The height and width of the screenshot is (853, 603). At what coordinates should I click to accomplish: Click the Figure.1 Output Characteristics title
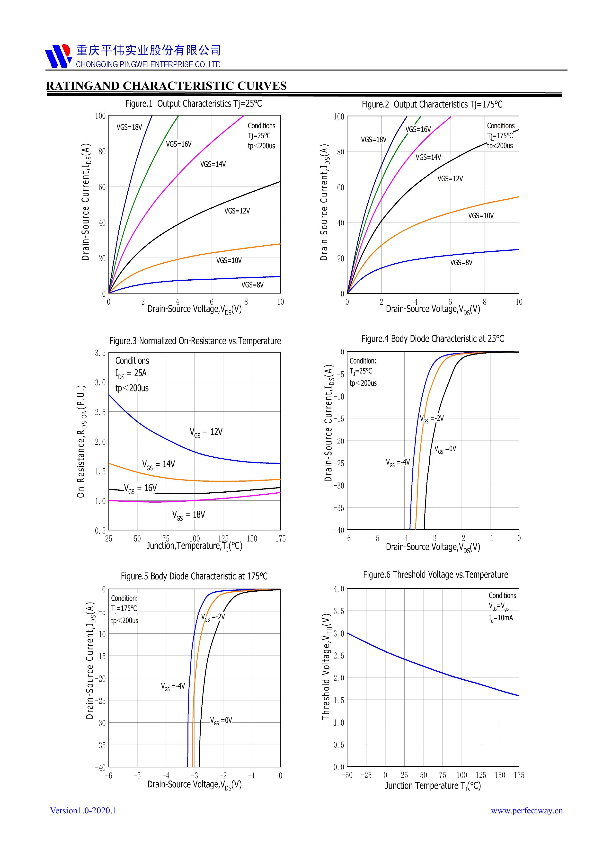coord(193,104)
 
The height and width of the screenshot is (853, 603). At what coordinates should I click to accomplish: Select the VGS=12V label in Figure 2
coord(450,179)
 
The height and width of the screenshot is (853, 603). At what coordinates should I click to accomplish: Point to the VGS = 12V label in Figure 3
coord(206,432)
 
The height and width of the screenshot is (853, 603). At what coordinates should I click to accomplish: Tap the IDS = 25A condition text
coord(131,373)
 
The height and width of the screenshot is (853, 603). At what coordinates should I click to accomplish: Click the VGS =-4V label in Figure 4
coord(398,462)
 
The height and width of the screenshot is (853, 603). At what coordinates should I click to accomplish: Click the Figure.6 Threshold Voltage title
coord(435,574)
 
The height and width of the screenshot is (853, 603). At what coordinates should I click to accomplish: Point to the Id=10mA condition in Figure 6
coord(501,618)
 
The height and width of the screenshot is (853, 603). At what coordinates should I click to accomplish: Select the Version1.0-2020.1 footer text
coord(83,810)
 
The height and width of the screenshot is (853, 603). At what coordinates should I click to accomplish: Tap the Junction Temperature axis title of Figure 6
coord(433,786)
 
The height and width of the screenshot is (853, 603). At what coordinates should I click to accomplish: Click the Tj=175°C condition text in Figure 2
coord(500,136)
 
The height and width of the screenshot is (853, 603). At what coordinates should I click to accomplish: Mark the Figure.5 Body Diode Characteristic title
coord(194,576)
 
